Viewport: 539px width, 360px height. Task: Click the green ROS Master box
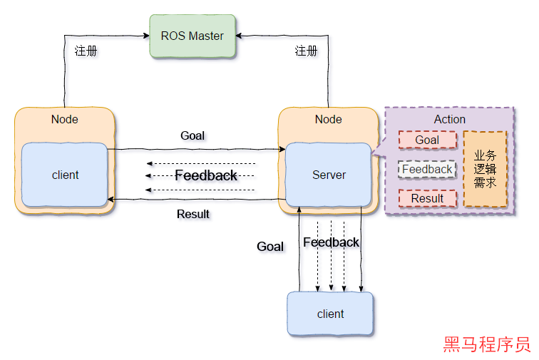click(192, 36)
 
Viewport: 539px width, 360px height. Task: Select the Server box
click(329, 175)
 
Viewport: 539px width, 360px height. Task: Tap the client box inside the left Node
click(65, 175)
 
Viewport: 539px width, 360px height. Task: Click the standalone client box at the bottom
click(330, 314)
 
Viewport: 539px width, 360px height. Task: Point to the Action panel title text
click(449, 119)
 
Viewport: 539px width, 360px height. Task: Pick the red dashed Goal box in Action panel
click(427, 140)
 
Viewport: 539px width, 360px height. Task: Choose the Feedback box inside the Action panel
click(427, 169)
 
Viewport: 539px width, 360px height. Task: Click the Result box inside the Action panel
click(427, 198)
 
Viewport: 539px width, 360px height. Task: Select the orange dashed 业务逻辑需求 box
click(485, 169)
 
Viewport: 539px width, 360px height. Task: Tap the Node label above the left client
click(65, 119)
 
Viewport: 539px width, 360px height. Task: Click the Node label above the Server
click(328, 119)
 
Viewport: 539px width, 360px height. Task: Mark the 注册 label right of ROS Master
click(308, 53)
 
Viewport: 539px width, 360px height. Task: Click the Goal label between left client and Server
click(194, 137)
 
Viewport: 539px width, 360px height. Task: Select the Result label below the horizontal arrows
click(195, 215)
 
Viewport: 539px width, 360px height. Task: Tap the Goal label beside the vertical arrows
click(272, 247)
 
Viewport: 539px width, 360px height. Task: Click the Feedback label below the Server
click(332, 243)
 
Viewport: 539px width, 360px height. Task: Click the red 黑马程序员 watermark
click(487, 345)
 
